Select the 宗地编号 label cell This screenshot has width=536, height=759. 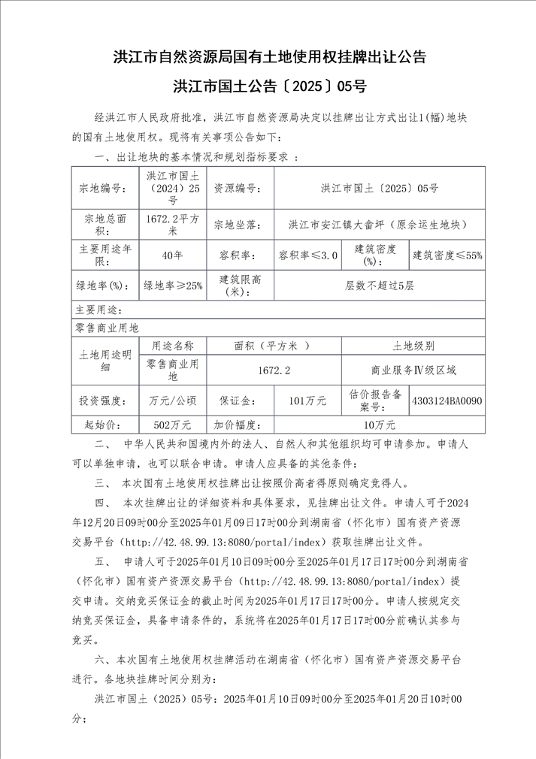pos(105,188)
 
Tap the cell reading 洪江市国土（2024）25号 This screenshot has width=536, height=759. pos(173,188)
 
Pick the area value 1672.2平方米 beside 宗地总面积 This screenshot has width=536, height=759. pos(173,224)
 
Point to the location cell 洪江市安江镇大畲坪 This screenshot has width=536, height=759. pos(379,224)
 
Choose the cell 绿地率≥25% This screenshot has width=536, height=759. pos(173,286)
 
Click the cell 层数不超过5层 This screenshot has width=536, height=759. pos(379,286)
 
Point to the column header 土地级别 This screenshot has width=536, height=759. pos(413,346)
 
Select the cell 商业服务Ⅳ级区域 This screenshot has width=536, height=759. pos(413,370)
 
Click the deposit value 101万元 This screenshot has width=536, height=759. pos(307,401)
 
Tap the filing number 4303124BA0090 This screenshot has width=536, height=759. pos(447,401)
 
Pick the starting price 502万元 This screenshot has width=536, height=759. pos(173,425)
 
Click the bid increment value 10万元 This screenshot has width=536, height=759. pos(379,425)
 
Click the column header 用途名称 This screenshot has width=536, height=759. pos(173,346)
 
